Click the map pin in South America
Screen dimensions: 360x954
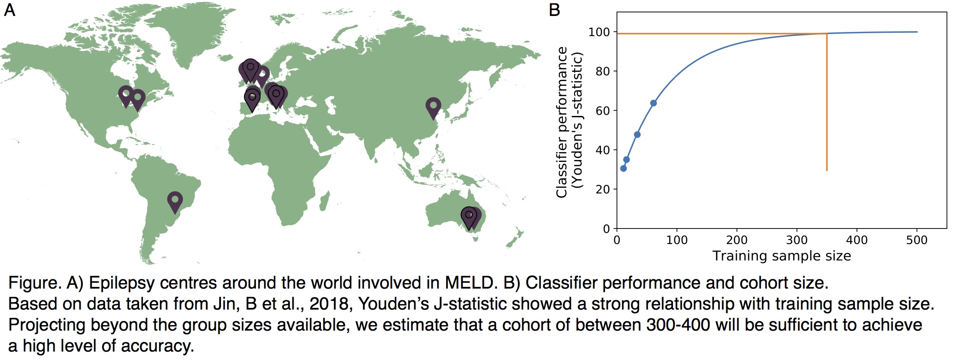175,200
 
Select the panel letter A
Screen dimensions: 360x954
9,10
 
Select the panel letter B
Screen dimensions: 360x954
554,10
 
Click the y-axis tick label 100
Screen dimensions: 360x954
599,32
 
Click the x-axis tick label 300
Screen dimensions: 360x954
796,240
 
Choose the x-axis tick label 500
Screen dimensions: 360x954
917,240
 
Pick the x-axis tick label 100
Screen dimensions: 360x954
677,240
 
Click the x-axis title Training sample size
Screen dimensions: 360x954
781,256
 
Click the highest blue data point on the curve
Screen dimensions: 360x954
653,103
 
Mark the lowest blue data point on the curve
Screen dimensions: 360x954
623,168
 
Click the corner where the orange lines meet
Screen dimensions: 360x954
827,34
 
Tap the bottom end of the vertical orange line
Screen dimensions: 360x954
827,170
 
